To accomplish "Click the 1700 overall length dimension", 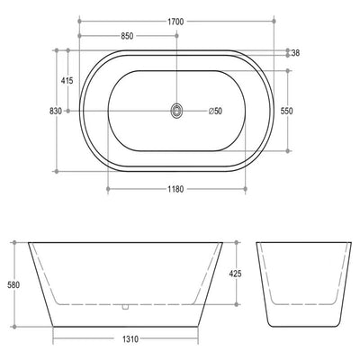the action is (x=175, y=22).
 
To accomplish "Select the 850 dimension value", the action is (x=127, y=36).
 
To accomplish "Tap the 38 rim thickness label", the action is (x=295, y=53).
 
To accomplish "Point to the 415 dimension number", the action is (x=67, y=80).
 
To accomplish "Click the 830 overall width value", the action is (x=56, y=111).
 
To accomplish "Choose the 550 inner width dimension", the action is (x=286, y=111).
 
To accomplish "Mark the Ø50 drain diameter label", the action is (x=215, y=111).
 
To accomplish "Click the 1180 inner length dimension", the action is (x=175, y=189).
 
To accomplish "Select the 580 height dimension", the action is (x=13, y=284).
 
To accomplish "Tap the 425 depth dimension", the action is (x=235, y=274).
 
